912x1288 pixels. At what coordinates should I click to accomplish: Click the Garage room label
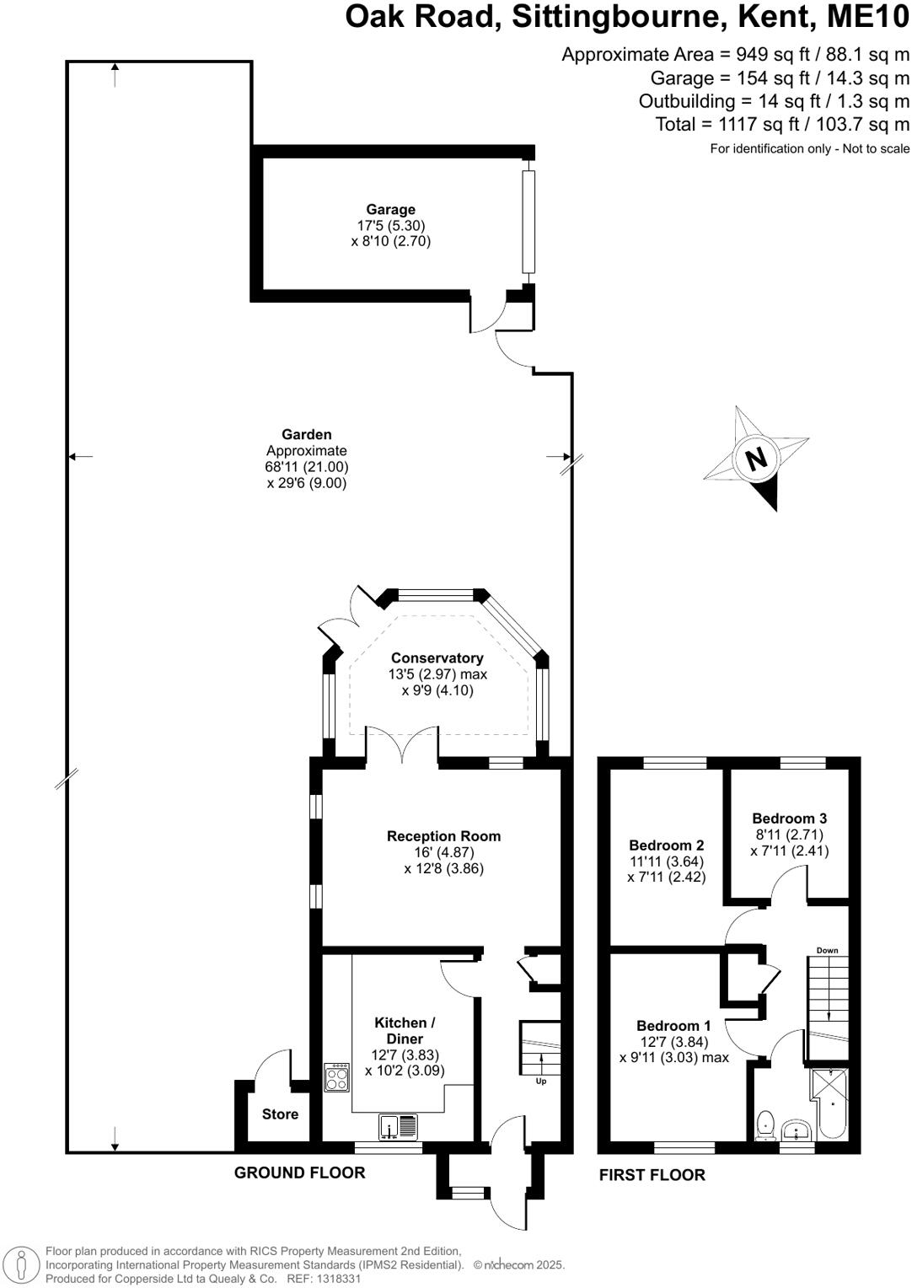[390, 210]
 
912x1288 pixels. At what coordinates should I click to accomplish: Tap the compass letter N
[756, 459]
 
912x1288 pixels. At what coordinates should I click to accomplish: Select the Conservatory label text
[437, 658]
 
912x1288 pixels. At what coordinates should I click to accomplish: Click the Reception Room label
[443, 836]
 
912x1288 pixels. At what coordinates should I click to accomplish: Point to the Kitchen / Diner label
[405, 1031]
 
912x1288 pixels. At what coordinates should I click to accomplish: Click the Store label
[280, 1114]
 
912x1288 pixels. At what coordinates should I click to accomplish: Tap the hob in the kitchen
[337, 1077]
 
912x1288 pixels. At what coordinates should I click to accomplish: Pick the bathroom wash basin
[796, 1129]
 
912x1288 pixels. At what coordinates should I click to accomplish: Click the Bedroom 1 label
[673, 1026]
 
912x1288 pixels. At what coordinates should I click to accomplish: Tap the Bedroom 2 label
[666, 845]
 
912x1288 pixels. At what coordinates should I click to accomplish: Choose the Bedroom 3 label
[789, 818]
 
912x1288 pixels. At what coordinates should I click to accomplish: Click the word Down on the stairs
[827, 951]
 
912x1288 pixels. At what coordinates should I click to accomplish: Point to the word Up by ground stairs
[541, 1081]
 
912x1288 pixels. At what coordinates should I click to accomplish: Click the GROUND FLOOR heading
[299, 1173]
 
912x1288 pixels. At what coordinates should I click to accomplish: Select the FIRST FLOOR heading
[652, 1175]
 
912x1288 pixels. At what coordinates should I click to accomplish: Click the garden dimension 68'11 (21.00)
[307, 467]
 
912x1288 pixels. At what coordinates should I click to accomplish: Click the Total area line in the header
[782, 125]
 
